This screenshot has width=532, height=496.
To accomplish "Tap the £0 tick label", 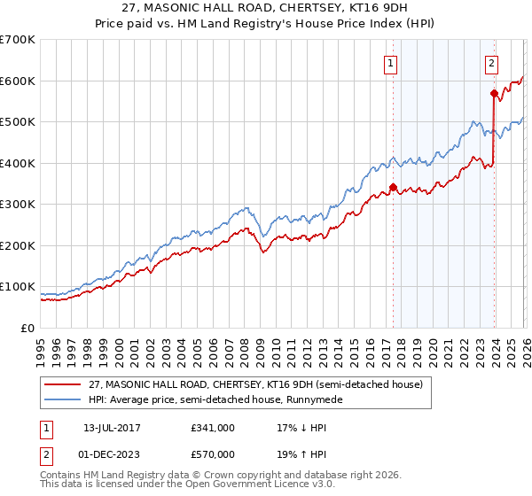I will click(x=27, y=328).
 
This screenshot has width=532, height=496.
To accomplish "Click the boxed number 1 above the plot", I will click(x=391, y=63).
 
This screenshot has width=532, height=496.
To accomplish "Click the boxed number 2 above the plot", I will click(x=491, y=63).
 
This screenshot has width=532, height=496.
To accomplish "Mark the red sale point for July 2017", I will click(x=393, y=187).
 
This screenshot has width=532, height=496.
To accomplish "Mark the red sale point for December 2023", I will click(x=493, y=93).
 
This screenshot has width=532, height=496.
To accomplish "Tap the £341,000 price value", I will click(x=213, y=428).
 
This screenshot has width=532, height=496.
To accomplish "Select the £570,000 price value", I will click(x=213, y=456).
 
